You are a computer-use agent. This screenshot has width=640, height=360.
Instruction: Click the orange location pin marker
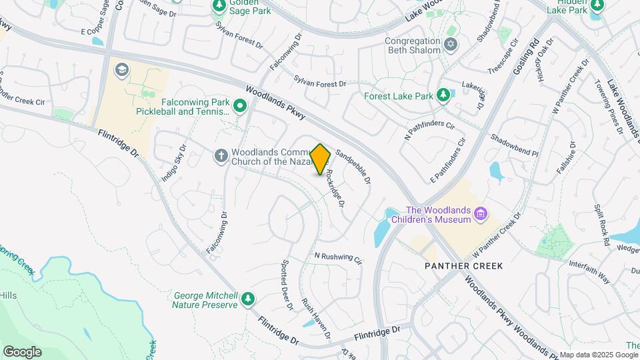point(321,159)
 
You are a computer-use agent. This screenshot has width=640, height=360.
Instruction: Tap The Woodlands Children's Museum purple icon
point(481,214)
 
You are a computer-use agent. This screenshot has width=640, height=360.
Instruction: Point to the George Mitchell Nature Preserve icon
point(248,299)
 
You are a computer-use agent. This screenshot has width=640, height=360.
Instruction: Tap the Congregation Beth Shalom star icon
point(451,45)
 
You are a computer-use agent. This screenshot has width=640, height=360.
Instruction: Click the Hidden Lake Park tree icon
point(597,5)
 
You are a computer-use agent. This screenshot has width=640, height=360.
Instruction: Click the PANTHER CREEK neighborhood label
point(464,266)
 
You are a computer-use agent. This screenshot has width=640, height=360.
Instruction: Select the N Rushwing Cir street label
point(337,257)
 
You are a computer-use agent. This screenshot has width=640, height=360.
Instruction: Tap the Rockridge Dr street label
point(334,187)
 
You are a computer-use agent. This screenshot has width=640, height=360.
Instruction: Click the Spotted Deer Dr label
point(287,285)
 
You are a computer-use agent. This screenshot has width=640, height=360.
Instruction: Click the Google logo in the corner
point(22,351)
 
